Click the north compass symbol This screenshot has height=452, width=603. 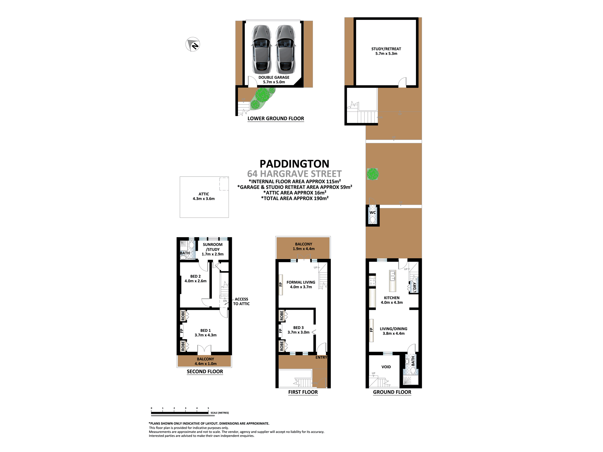click(193, 45)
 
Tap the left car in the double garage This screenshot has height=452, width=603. click(261, 49)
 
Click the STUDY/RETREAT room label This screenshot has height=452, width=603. click(386, 49)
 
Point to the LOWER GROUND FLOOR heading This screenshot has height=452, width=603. click(276, 118)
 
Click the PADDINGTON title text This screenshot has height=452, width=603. click(294, 164)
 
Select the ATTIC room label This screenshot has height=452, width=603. click(204, 194)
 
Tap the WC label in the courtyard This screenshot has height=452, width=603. click(373, 212)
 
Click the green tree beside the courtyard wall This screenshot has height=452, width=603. click(373, 174)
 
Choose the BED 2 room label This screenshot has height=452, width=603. click(195, 276)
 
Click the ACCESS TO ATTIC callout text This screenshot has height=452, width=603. click(241, 301)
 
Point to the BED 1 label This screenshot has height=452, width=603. click(206, 331)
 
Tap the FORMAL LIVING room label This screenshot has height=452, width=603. click(301, 282)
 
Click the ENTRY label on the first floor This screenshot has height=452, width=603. click(321, 357)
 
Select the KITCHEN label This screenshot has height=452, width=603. click(392, 298)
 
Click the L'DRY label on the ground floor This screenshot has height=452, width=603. click(415, 287)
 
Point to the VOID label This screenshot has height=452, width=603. click(386, 367)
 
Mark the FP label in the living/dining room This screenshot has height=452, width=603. click(371, 330)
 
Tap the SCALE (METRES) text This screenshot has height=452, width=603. click(219, 413)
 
